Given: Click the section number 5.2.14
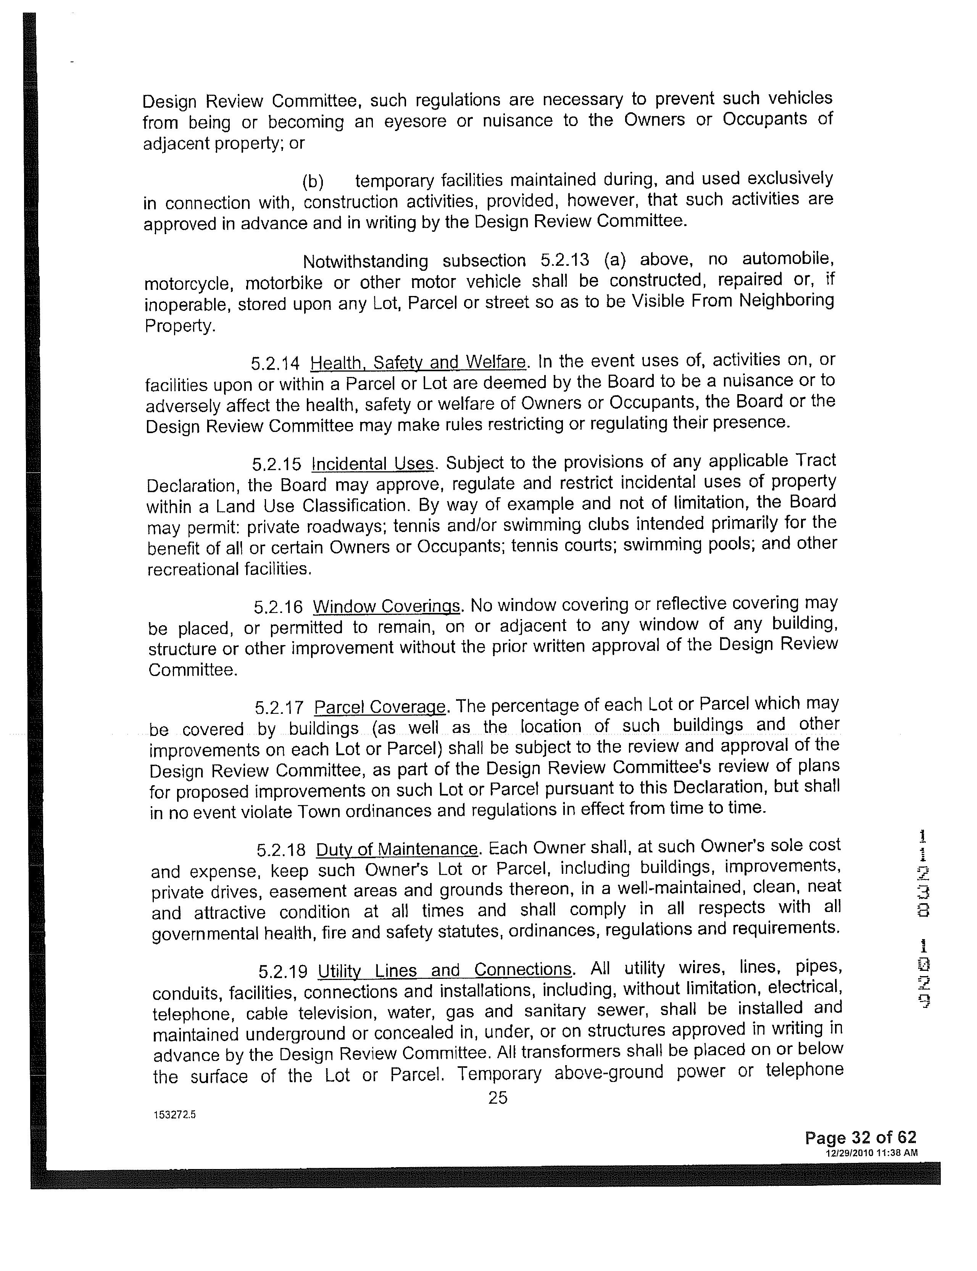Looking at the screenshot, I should pyautogui.click(x=275, y=364).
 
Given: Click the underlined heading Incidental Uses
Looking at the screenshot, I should pyautogui.click(x=373, y=464).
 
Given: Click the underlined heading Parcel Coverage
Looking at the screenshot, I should pyautogui.click(x=380, y=707).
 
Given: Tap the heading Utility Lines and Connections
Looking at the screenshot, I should pyautogui.click(x=445, y=970).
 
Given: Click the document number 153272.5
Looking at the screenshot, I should pyautogui.click(x=174, y=1115).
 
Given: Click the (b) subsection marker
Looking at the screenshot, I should pyautogui.click(x=313, y=182).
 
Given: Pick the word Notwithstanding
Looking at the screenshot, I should pyautogui.click(x=365, y=261).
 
